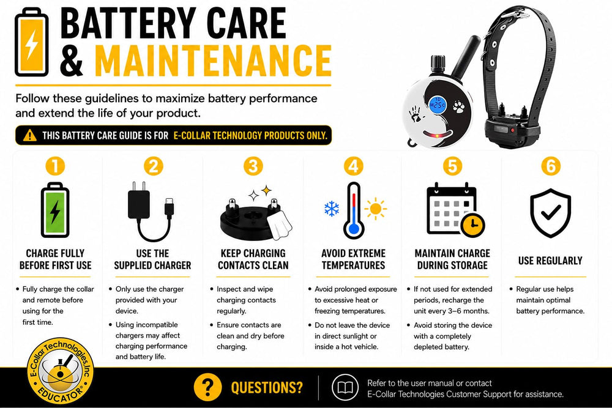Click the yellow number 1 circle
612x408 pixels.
pos(55,166)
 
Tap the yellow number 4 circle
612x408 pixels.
pos(354,166)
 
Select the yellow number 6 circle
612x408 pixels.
pos(551,166)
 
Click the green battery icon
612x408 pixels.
pos(55,210)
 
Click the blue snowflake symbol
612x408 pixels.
pos(332,209)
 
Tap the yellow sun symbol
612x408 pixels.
pos(376,209)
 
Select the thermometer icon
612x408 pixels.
pos(354,210)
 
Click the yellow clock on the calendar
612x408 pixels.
pos(472,224)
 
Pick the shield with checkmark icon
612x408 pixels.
pos(550,213)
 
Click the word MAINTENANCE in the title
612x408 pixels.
pos(213,61)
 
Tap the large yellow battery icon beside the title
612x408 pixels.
pos(32,43)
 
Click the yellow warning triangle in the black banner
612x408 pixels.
pos(29,135)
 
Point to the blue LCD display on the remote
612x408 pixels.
pos(438,105)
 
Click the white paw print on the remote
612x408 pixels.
pos(458,106)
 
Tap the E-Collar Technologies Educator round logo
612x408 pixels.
pos(61,371)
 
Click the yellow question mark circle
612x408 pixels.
pos(207,387)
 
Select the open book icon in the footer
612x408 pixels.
pos(345,387)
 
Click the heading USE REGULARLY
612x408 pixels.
pos(550,261)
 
